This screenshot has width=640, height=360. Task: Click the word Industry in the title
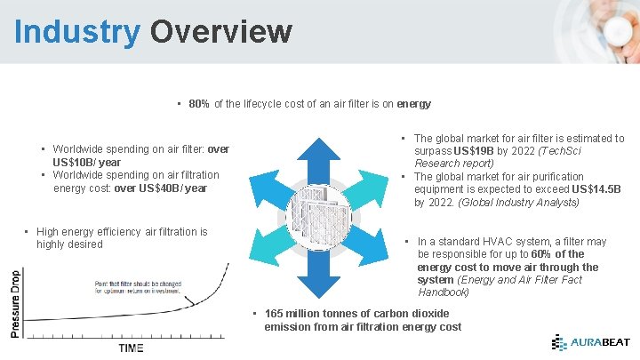click(77, 31)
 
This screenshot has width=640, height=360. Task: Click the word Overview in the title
click(220, 31)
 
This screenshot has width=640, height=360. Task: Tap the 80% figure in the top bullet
click(199, 104)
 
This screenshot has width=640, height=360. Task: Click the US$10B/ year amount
click(87, 163)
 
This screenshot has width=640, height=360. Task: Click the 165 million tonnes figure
click(313, 314)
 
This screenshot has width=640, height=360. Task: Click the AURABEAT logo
click(589, 342)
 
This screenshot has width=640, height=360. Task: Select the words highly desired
click(69, 244)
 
